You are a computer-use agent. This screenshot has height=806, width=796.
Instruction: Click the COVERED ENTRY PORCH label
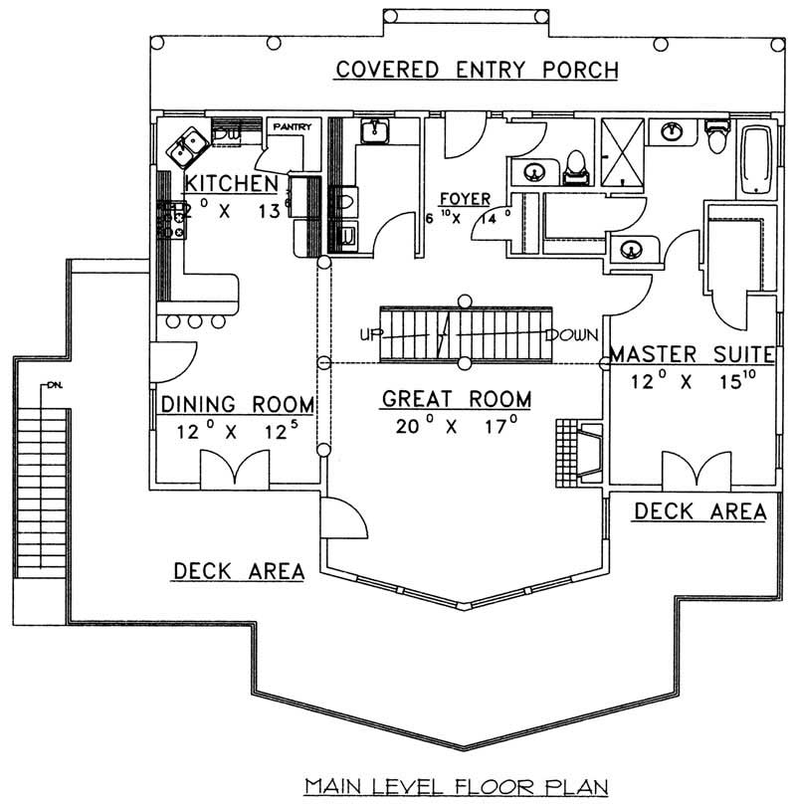(477, 71)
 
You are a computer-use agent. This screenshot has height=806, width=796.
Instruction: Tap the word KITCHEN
(231, 183)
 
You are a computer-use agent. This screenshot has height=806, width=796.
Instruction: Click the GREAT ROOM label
(457, 399)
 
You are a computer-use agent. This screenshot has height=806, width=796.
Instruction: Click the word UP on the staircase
(372, 335)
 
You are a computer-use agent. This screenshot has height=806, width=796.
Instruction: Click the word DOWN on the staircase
(570, 335)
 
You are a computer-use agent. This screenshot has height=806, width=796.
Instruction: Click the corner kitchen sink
(186, 148)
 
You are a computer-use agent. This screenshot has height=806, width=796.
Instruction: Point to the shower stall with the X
(624, 152)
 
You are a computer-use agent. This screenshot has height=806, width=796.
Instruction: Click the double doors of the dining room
(234, 469)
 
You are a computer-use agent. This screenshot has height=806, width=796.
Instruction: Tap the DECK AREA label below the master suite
(699, 511)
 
